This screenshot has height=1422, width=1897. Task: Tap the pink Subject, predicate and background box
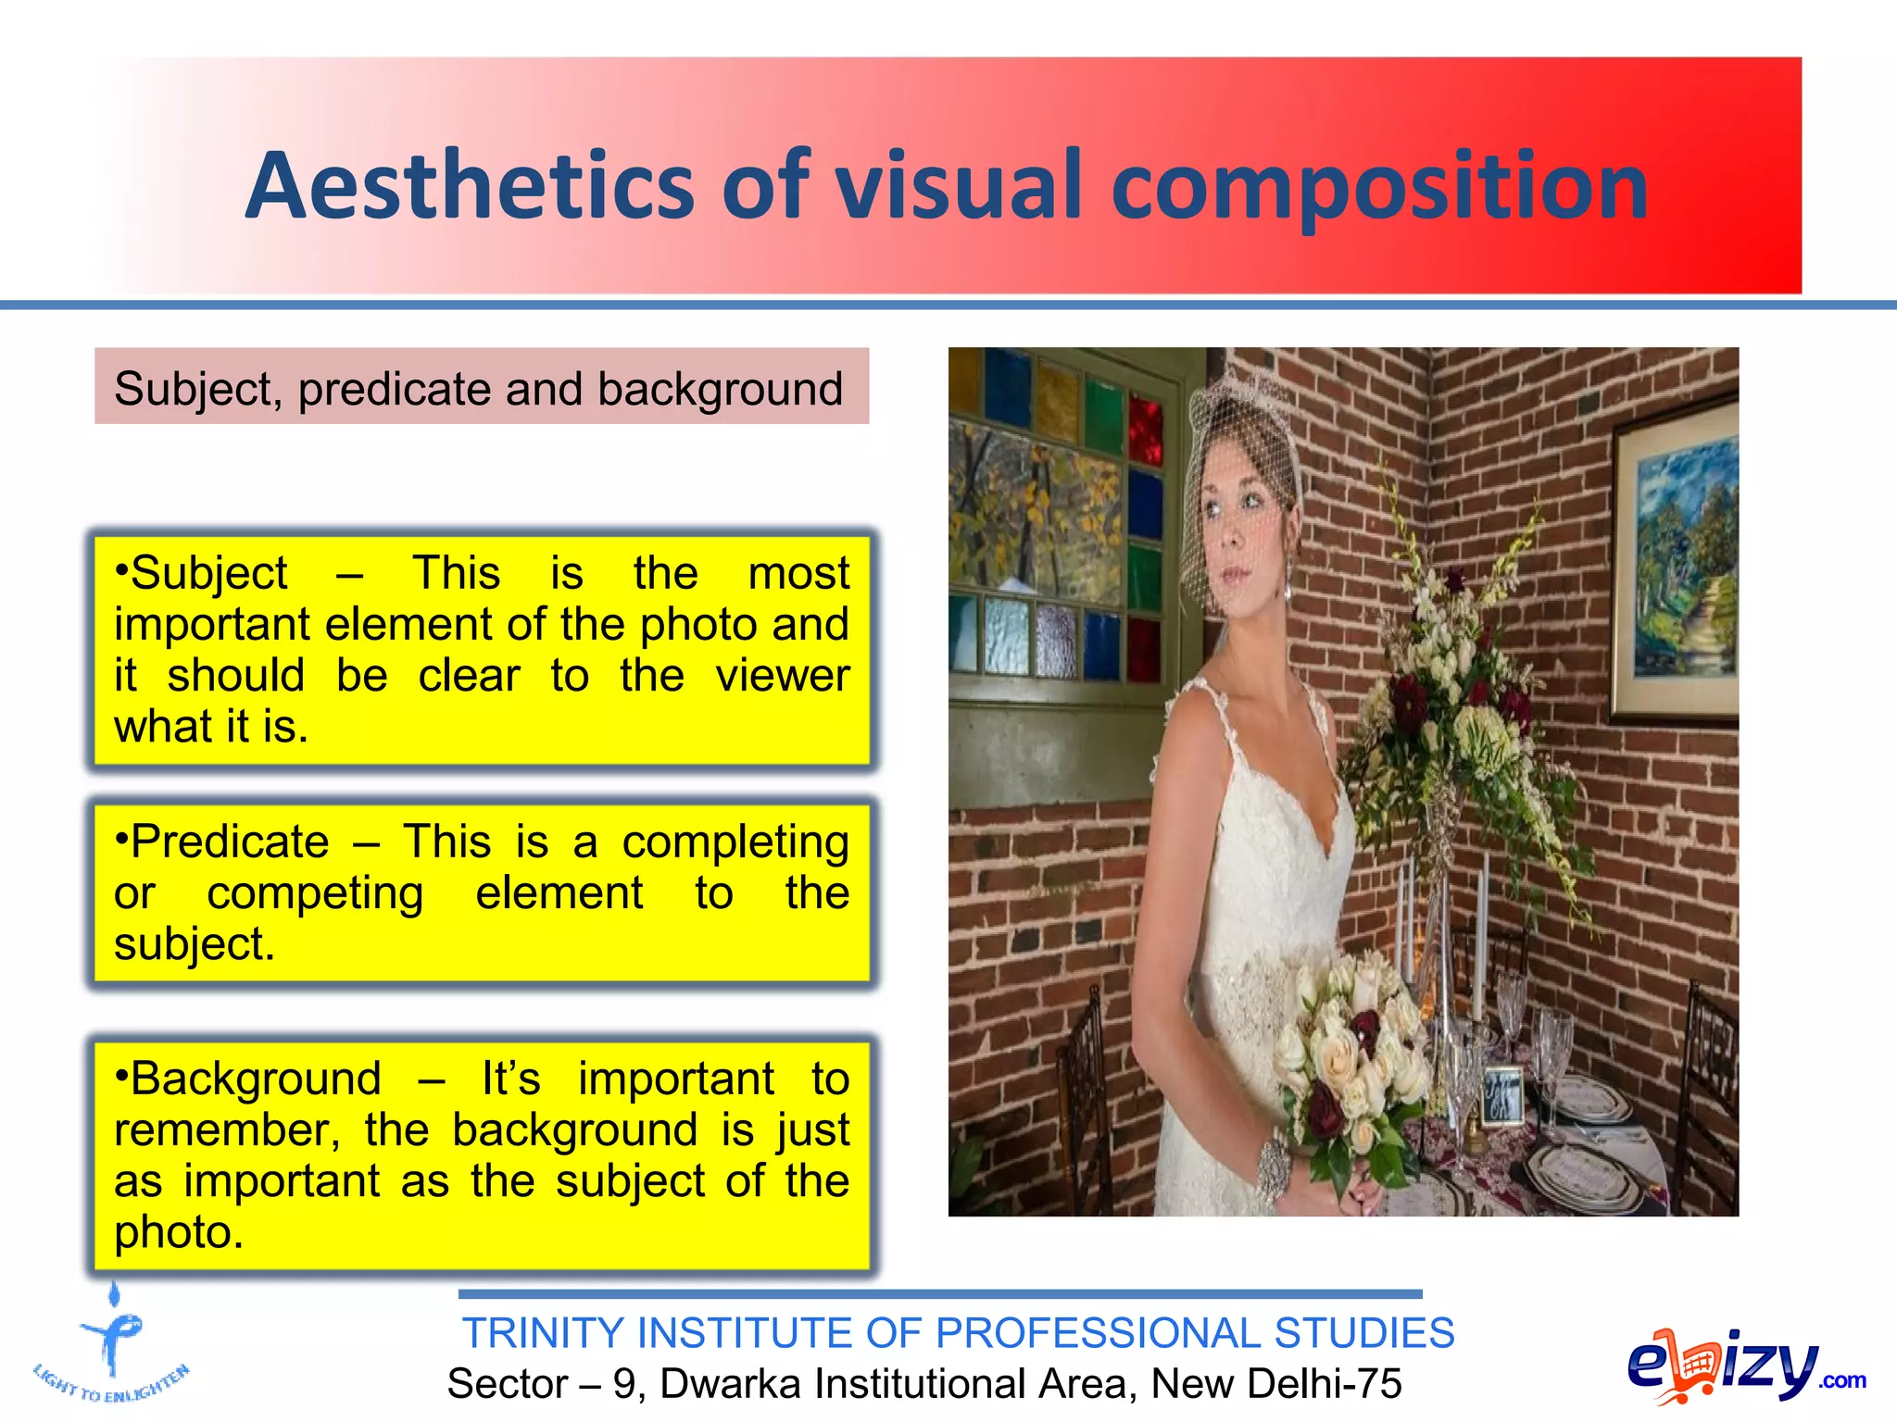[x=481, y=387]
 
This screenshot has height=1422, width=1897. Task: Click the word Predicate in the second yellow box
[x=229, y=842]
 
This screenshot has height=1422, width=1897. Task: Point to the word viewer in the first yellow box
[x=782, y=675]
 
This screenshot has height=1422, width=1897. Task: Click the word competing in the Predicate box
[x=315, y=893]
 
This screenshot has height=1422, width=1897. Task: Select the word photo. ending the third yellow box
[x=178, y=1232]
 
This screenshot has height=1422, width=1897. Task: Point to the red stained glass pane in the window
[x=1145, y=430]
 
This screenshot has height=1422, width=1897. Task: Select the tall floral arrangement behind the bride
[x=1464, y=704]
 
